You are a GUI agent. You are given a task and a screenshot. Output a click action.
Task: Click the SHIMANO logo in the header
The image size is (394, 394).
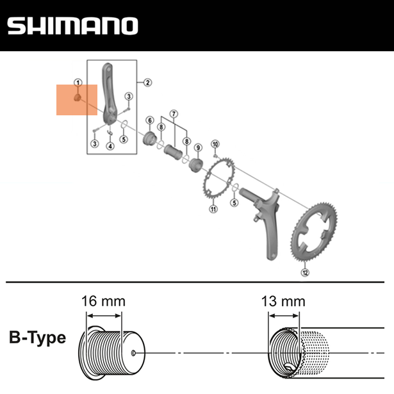pos(72,26)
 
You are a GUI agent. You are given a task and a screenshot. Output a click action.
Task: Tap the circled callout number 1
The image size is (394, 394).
pos(78,82)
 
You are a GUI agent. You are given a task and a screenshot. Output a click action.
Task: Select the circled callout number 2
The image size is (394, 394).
pos(147,82)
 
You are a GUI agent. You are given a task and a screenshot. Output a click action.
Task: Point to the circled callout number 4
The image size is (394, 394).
pos(110,146)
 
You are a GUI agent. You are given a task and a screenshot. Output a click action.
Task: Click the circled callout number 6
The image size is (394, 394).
pos(149,120)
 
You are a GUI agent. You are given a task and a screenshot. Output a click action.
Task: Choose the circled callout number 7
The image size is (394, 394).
pos(172,113)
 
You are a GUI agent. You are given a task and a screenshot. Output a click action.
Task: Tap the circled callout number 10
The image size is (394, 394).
pos(215,144)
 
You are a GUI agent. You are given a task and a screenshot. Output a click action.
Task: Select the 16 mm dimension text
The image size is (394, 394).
pos(103,300)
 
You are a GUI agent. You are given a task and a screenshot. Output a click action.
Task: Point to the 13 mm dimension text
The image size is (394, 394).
pos(283,300)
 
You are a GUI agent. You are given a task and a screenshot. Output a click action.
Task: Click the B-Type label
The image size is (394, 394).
pos(38,338)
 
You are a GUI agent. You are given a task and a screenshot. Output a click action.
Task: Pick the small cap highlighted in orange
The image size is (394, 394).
pos(76,99)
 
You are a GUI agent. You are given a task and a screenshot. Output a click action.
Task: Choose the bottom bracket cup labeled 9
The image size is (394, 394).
pos(197,165)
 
